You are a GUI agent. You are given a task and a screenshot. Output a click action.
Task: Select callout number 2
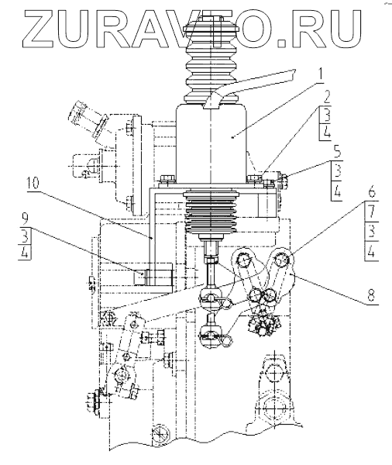(x=326, y=97)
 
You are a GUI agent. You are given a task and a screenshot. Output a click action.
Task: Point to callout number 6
(x=372, y=191)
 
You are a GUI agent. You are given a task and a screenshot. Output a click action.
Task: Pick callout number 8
(x=372, y=294)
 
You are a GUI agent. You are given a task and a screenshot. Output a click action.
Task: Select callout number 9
(x=25, y=219)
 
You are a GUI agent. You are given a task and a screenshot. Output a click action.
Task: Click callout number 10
(x=32, y=184)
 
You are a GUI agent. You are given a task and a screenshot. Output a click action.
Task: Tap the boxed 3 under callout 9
(x=26, y=236)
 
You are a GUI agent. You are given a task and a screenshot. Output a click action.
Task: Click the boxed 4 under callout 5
(x=336, y=192)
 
